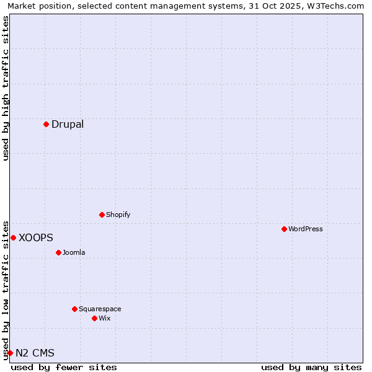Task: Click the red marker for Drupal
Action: click(x=46, y=124)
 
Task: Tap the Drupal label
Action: click(x=68, y=124)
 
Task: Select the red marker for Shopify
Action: click(x=102, y=215)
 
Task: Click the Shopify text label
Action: click(x=118, y=215)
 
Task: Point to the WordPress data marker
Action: click(x=284, y=229)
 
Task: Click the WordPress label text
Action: click(x=305, y=229)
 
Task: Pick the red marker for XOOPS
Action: click(x=13, y=237)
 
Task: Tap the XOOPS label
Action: click(x=36, y=237)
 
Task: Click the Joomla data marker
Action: click(x=58, y=252)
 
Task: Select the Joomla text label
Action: click(x=74, y=252)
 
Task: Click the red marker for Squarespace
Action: click(x=74, y=309)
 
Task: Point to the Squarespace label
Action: click(x=100, y=309)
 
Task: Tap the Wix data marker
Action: click(x=94, y=318)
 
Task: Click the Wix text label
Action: click(x=105, y=318)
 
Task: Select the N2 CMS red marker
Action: click(x=10, y=353)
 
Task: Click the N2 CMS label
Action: click(x=35, y=353)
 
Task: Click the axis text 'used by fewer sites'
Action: click(x=64, y=367)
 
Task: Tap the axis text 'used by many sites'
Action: click(x=311, y=367)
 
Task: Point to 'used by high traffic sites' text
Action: click(x=6, y=88)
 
